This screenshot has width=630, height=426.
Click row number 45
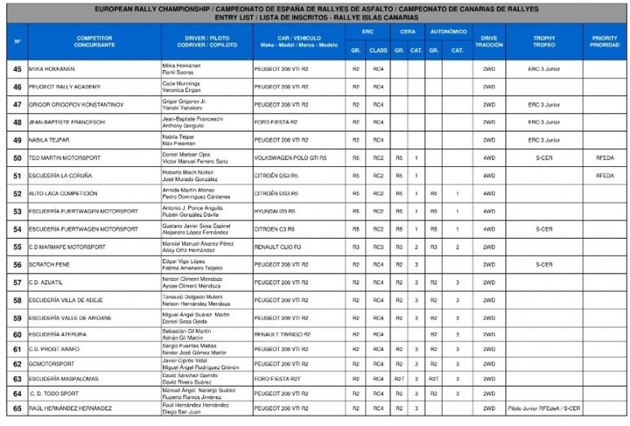coord(17,68)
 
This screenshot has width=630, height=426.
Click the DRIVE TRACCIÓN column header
coord(489,41)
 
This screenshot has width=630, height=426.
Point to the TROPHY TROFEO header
coord(544,41)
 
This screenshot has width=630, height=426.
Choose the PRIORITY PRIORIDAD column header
coord(605,41)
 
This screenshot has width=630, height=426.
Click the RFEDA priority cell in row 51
coord(605,175)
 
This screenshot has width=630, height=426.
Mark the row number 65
coord(17,407)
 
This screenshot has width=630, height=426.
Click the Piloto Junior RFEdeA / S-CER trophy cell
coord(544,407)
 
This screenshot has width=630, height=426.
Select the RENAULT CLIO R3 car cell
coord(277,247)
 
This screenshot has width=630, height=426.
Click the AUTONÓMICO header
coord(447,32)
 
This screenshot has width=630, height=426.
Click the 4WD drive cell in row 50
coord(489,158)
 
